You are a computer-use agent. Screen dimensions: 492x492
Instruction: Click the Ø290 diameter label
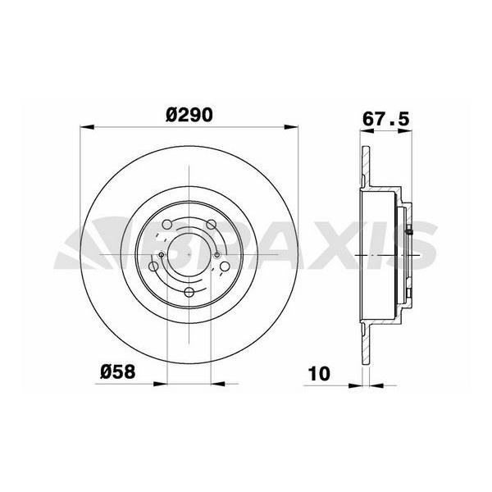[189, 116]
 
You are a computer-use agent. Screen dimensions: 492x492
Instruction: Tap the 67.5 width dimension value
[385, 116]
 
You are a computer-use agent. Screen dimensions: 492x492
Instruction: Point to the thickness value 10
[318, 373]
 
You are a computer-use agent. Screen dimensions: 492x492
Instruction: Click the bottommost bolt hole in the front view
[189, 292]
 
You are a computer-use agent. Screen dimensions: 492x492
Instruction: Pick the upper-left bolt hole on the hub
[167, 225]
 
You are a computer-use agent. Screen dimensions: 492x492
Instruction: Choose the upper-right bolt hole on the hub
[212, 225]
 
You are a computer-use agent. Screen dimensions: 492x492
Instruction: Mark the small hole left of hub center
[162, 255]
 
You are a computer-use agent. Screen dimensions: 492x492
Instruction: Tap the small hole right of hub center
[217, 255]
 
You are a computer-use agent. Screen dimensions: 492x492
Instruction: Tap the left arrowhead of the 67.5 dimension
[363, 127]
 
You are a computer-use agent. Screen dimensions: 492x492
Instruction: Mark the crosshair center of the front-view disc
[189, 255]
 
